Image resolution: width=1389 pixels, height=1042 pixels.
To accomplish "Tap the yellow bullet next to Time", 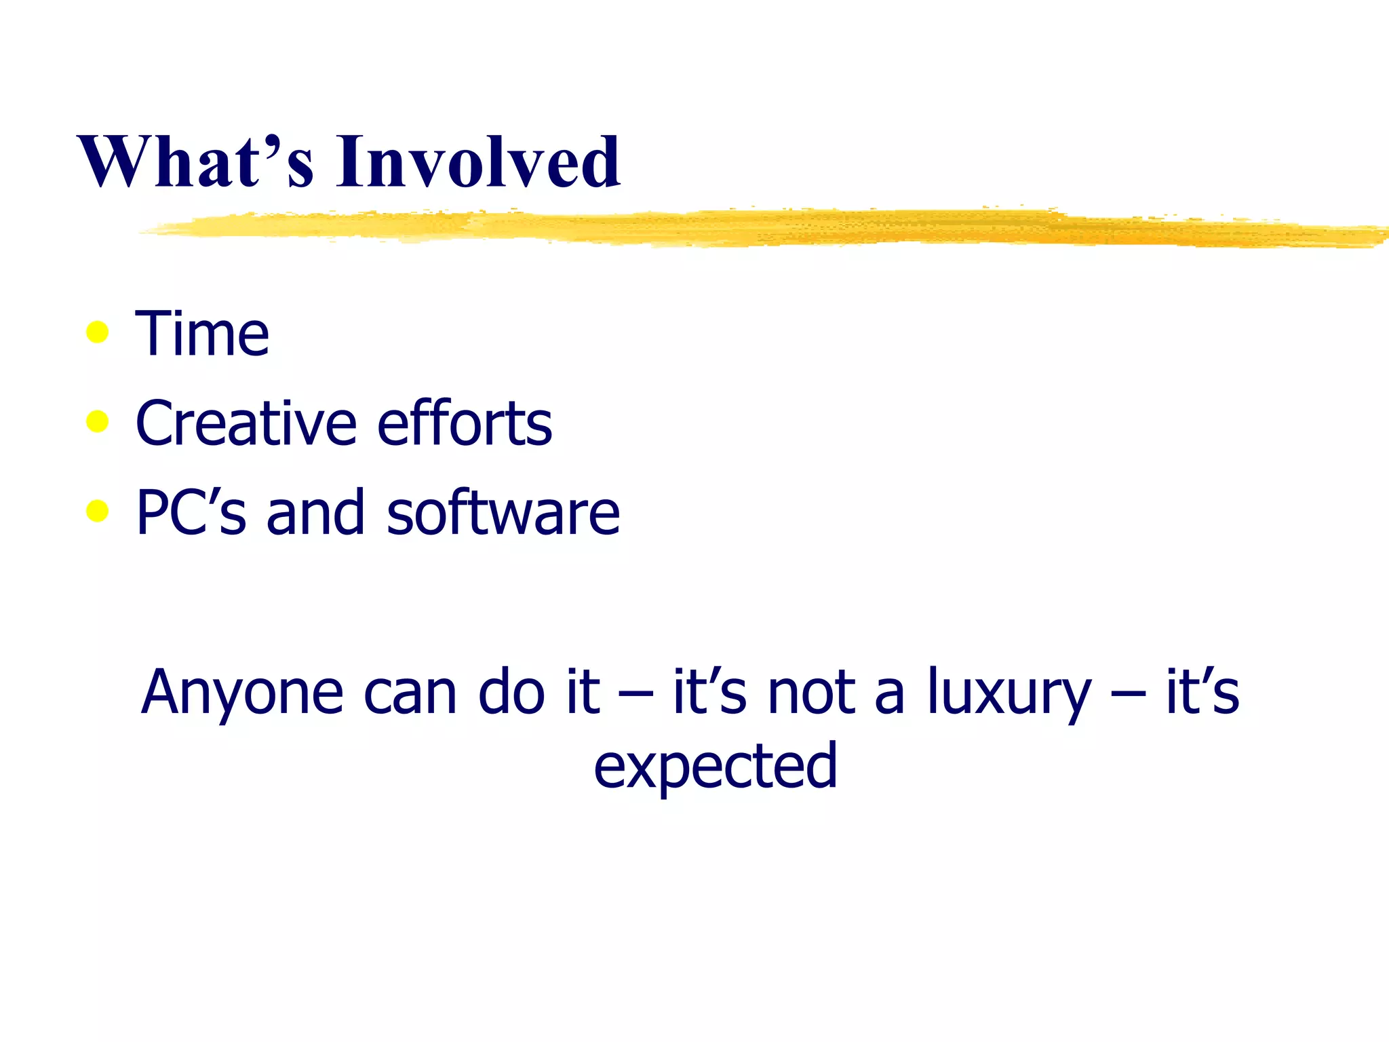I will pyautogui.click(x=98, y=332).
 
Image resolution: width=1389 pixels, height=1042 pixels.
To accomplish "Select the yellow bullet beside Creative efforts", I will pyautogui.click(x=98, y=422).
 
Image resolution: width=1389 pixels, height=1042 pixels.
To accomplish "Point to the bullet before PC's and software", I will pyautogui.click(x=98, y=511).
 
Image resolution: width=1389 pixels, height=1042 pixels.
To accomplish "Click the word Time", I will pyautogui.click(x=202, y=334).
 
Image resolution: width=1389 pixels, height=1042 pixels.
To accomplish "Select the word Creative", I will pyautogui.click(x=246, y=424).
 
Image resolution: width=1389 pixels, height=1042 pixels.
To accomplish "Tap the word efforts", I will pyautogui.click(x=465, y=424).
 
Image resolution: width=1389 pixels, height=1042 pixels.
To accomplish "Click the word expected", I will pyautogui.click(x=716, y=767).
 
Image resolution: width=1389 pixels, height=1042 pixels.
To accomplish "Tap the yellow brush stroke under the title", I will pyautogui.click(x=746, y=229).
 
